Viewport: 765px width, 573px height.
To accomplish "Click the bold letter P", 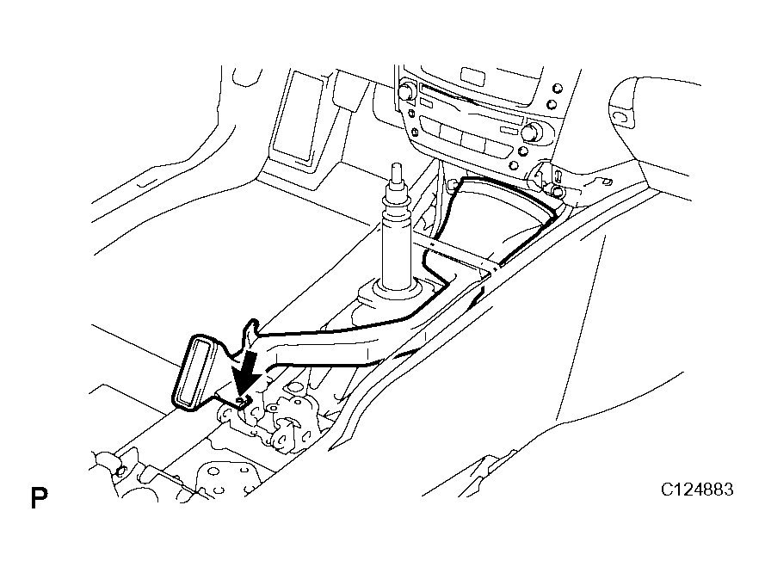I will click(39, 498).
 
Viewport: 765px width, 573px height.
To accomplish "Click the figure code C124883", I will click(697, 490).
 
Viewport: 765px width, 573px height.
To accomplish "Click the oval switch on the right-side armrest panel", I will click(621, 114).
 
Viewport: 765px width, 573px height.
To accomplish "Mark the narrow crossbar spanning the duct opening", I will click(460, 256).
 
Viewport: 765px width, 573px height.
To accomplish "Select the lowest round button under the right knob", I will click(513, 164).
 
